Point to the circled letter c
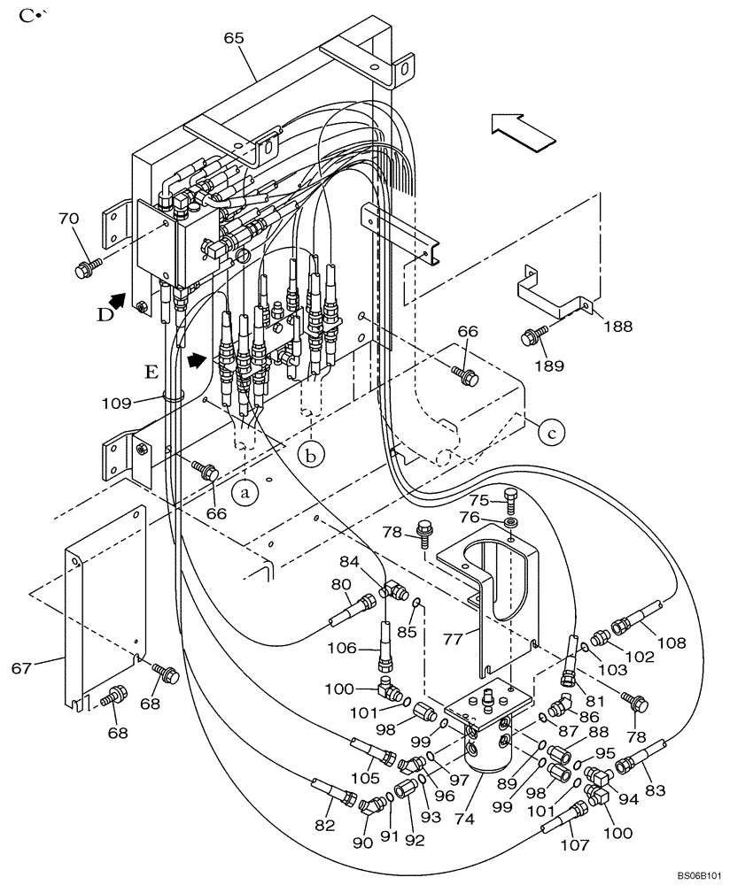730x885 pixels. (x=551, y=433)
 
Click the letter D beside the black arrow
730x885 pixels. (x=105, y=315)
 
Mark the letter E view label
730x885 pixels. (x=151, y=372)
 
